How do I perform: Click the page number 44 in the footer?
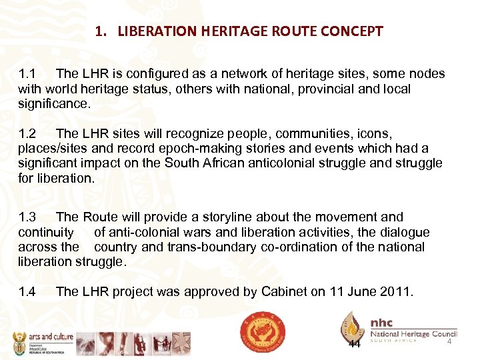(355, 344)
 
